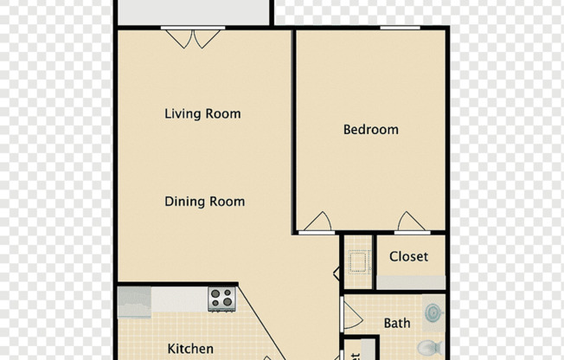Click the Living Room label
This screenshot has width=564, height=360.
point(202,113)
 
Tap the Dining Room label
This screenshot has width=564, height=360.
point(204,202)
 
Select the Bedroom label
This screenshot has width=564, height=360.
point(371,130)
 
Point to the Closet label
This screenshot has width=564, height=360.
point(408,257)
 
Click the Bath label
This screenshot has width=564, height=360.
point(397,324)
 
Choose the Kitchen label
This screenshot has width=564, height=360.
point(190,349)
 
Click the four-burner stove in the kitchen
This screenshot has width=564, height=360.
point(221,299)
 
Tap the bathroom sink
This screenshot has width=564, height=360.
point(433,312)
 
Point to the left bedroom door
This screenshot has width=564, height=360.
point(317,222)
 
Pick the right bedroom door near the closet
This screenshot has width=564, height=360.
point(411,222)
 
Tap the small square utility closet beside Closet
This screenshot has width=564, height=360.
point(358,260)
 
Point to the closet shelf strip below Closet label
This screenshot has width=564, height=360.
point(411,282)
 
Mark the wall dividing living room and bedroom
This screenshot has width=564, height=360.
point(294,130)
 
